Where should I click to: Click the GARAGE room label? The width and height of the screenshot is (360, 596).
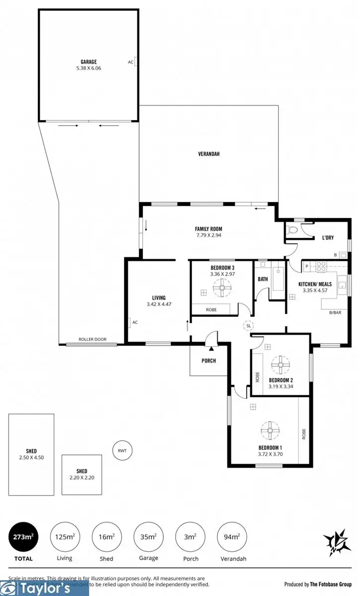click(89, 62)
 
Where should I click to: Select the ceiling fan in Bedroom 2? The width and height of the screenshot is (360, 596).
click(281, 365)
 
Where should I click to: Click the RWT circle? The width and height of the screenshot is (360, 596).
click(122, 450)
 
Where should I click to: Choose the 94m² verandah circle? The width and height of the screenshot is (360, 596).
click(231, 537)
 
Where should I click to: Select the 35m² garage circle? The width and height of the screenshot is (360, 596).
click(148, 537)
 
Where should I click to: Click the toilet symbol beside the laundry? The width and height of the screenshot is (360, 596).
click(293, 230)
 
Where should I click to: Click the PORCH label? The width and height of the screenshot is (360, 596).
click(209, 361)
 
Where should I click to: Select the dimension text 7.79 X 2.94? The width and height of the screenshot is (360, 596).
click(208, 235)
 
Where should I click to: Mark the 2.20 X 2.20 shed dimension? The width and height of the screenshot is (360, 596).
click(82, 478)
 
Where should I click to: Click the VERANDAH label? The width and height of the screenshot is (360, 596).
click(208, 154)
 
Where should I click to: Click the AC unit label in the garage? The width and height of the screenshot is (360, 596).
click(131, 62)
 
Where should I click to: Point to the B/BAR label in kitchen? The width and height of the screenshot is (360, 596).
click(328, 313)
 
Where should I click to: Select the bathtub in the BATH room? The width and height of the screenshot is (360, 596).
click(277, 283)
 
